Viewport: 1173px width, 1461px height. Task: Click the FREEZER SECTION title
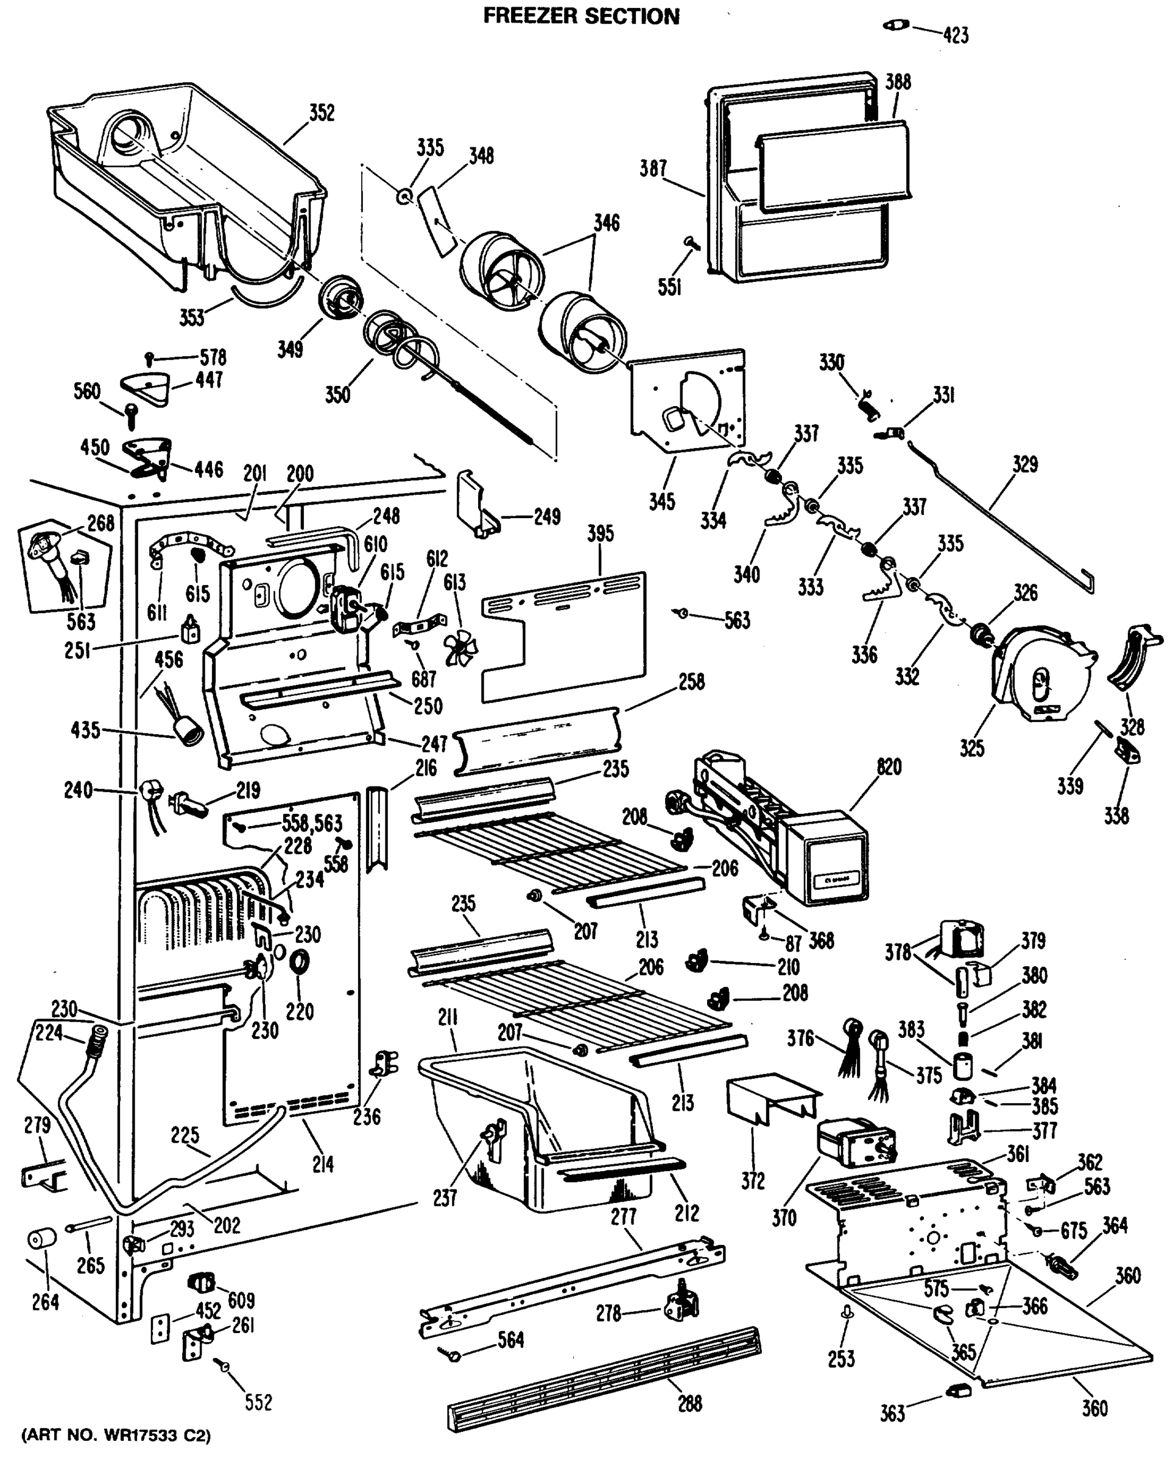point(581,16)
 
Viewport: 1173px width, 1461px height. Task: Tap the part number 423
point(956,35)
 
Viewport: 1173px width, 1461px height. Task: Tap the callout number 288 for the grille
point(689,1403)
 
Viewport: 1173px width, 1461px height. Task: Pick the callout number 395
point(601,533)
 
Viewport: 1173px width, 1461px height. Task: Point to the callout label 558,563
point(312,824)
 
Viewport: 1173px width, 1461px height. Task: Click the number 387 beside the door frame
point(653,168)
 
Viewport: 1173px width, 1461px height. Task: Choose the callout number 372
point(753,1180)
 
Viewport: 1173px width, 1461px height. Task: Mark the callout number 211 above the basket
point(448,1018)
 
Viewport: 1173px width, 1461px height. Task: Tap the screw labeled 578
point(150,357)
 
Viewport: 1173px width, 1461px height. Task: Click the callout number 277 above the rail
point(623,1217)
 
